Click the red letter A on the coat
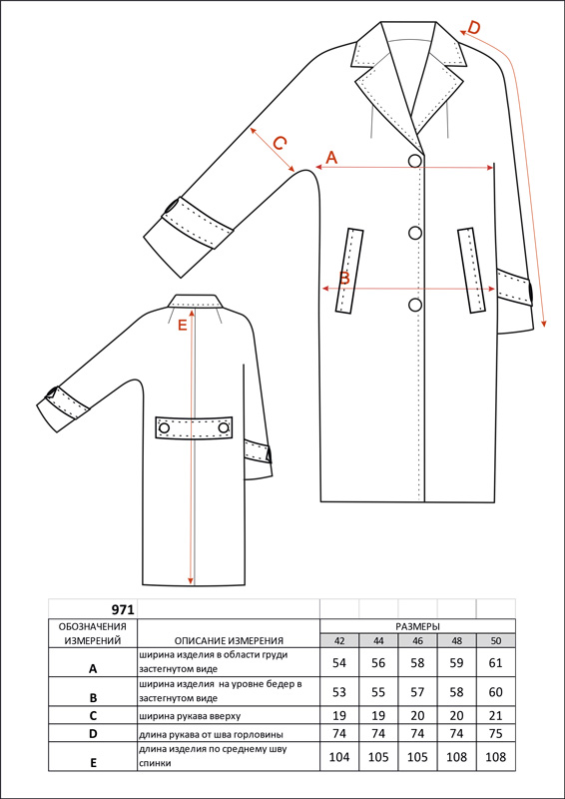(331, 158)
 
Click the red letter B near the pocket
(345, 279)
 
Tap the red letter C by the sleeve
(280, 143)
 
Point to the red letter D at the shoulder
(474, 28)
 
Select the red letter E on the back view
(183, 326)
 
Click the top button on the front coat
(415, 161)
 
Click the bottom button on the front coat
(415, 305)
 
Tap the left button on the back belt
(165, 428)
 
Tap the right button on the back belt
(224, 428)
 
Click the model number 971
(123, 609)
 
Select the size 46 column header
(418, 641)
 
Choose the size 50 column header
(496, 641)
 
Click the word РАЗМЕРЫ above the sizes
(418, 626)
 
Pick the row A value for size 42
(339, 663)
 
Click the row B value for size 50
(496, 692)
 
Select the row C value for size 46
(418, 715)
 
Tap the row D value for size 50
(496, 734)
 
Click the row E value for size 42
(339, 757)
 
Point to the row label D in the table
(93, 735)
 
